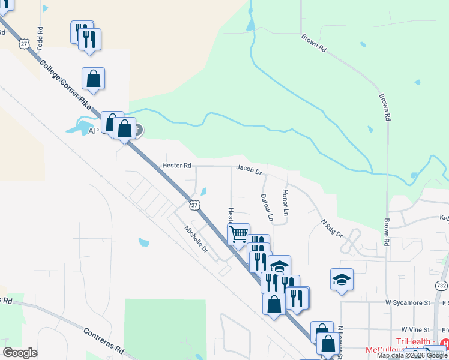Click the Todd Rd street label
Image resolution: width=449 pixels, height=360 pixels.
click(x=40, y=38)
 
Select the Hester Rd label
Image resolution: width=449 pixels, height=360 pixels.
click(x=176, y=165)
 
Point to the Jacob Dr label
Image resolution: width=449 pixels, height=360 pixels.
click(x=249, y=170)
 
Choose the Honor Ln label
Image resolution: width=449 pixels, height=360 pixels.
click(x=286, y=204)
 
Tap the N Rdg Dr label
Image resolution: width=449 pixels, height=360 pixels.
click(x=331, y=228)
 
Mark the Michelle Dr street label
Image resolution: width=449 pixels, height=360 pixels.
click(x=196, y=239)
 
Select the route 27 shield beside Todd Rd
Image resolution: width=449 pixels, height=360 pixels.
click(x=24, y=44)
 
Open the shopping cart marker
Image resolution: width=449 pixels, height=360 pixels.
click(x=238, y=233)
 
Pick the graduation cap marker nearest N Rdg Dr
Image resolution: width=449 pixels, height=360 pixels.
click(x=342, y=279)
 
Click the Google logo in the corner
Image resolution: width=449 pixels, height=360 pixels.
click(x=20, y=353)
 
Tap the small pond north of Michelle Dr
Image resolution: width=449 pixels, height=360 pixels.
click(x=144, y=242)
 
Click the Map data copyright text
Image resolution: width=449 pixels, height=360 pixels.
click(x=412, y=355)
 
